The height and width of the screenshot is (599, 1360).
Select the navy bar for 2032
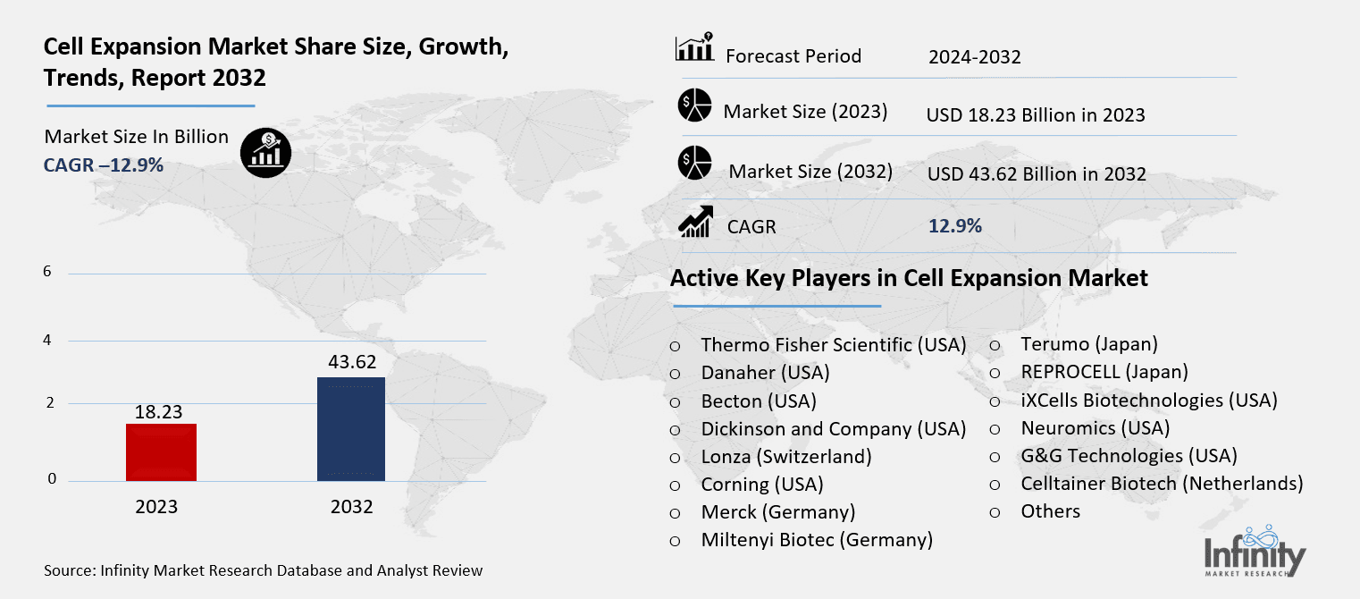pos(351,428)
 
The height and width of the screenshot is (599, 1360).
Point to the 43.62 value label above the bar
pos(351,362)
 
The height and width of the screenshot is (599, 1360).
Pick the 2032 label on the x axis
pos(351,506)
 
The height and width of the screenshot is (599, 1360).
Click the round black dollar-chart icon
pos(265,153)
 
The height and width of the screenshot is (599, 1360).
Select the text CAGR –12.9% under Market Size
pos(104,165)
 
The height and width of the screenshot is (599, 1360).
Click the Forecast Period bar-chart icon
pos(694,48)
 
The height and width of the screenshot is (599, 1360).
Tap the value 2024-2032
pos(974,57)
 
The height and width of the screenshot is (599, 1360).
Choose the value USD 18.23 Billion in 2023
pos(1036,115)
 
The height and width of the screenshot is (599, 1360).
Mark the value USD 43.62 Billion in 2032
pos(1036,174)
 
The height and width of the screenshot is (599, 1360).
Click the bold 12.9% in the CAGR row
pos(955,226)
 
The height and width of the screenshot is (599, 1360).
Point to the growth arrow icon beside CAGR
pos(695,222)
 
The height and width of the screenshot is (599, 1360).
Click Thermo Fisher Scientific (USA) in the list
pos(833,344)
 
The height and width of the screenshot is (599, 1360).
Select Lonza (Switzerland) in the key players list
pos(785,456)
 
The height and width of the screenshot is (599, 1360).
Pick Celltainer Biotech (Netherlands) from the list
pos(1162,484)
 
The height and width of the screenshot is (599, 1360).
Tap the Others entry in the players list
pos(1050,511)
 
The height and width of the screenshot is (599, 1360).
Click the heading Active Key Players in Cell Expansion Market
pos(909,278)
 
